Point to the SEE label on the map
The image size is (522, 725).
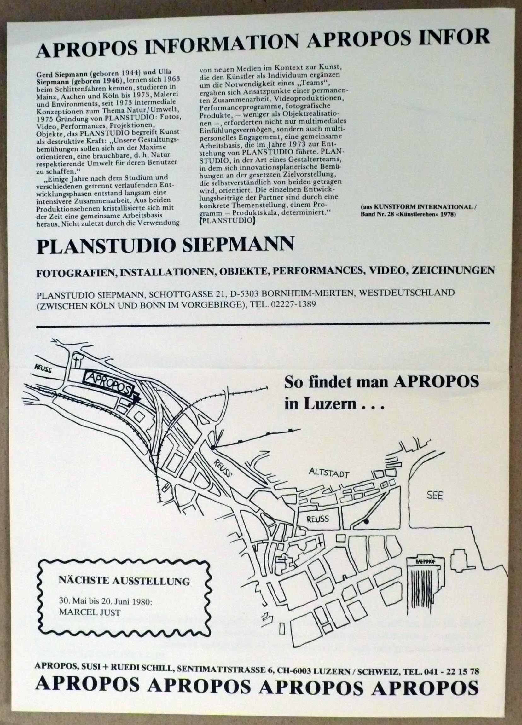(435, 496)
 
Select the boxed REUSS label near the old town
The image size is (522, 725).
(318, 519)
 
